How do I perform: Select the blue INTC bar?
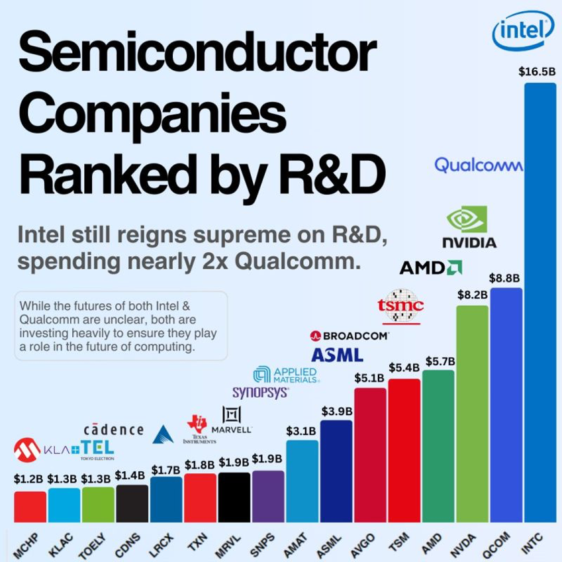point(539,298)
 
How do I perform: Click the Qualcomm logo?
point(478,164)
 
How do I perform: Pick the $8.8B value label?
point(504,278)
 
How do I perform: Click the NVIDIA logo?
point(469,228)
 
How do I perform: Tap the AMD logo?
point(430,267)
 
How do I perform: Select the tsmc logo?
point(400,306)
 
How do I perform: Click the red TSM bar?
point(404,450)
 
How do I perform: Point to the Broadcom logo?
point(349,336)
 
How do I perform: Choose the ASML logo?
point(337,355)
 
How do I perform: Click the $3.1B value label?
point(301,431)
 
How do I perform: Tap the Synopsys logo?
point(260,392)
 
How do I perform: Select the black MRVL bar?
point(234,496)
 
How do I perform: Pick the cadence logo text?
point(113,430)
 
